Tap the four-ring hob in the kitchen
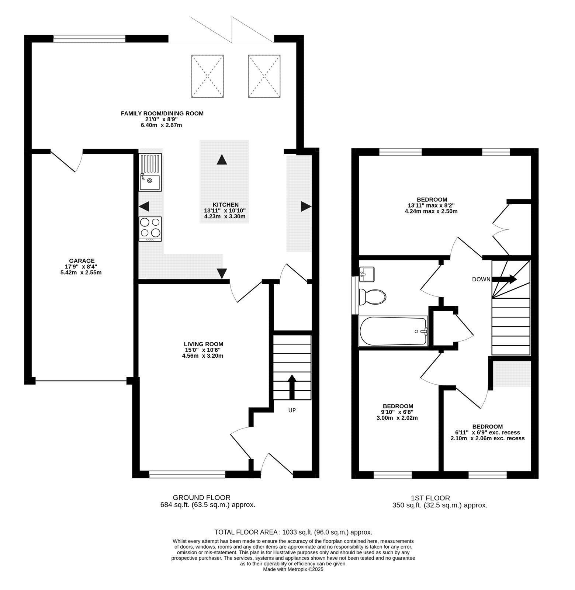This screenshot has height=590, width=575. click(150, 229)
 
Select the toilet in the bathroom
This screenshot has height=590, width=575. click(372, 296)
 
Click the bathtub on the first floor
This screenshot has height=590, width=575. click(393, 331)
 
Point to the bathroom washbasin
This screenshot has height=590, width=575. click(366, 274)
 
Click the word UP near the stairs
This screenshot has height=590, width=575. click(292, 410)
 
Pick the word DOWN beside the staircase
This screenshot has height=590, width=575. click(481, 280)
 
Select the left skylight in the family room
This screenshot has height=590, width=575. click(208, 76)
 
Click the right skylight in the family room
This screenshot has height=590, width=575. click(264, 76)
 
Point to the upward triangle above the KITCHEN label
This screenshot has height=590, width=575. click(221, 160)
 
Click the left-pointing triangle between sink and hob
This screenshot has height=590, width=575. click(144, 206)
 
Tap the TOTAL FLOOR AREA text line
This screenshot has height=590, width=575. click(293, 532)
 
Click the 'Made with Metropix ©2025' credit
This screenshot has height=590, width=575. click(293, 569)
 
